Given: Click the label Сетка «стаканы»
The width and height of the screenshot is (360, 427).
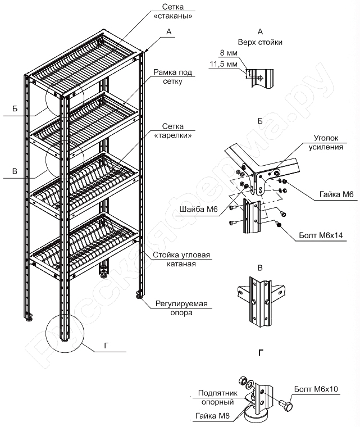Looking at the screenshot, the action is pos(172,11).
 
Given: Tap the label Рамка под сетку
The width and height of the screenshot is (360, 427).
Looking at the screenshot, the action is pos(172,76).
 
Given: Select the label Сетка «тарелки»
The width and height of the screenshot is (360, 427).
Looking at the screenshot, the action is pos(172,131).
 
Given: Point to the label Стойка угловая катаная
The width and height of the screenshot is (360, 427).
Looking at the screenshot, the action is pos(181,259).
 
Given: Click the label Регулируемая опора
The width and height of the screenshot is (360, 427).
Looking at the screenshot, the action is pos(181,308).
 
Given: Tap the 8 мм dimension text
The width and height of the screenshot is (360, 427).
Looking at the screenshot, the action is pos(229,53).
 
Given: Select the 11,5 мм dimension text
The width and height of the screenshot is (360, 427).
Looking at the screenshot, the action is pos(224,64).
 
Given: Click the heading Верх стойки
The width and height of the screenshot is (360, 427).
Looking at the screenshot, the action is pos(260,42).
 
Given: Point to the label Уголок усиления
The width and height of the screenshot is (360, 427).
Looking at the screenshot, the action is pos(326,142).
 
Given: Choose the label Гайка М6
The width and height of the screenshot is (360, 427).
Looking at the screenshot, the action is pos(336,194).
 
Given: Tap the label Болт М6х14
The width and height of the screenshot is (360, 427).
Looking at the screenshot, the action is pos(321,235).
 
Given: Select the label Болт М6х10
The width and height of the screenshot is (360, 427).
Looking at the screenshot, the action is pos(316,389).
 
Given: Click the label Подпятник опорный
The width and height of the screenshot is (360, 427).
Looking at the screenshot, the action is pos(217,398).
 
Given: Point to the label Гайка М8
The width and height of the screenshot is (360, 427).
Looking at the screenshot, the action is pos(212,416).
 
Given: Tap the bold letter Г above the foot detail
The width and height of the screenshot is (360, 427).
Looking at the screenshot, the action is pos(261,353).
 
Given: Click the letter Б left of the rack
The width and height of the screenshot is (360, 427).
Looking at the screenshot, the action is pos(15,108).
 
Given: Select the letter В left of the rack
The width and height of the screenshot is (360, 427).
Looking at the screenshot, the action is pos(15,171).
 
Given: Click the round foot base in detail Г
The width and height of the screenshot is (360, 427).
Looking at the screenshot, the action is pos(256,417).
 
